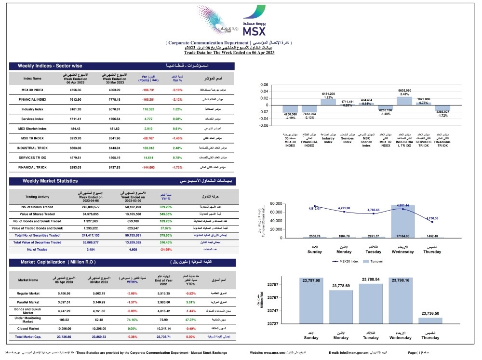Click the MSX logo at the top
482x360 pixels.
click(254, 26)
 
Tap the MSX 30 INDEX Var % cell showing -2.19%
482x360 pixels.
click(177, 90)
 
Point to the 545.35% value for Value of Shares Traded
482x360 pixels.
click(166, 213)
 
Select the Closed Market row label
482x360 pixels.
click(27, 328)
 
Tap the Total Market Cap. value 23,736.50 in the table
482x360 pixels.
click(64, 337)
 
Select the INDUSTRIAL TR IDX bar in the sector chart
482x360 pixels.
click(404, 101)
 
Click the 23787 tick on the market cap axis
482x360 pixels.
click(273, 284)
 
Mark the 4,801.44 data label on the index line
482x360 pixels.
click(402, 205)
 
